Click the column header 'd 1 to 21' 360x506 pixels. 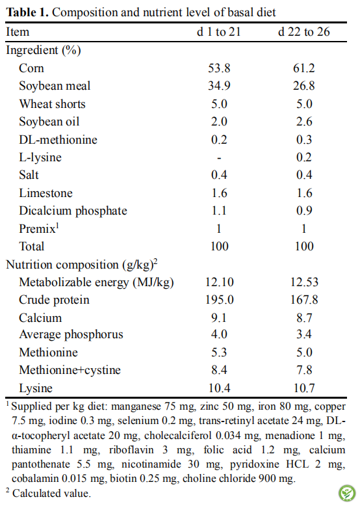click(219, 32)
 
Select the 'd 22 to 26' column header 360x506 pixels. click(304, 32)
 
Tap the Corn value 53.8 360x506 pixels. click(219, 68)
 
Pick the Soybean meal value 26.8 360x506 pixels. click(304, 86)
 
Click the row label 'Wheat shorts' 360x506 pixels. click(52, 104)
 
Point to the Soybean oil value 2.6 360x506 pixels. click(304, 122)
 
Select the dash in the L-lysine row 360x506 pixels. click(219, 158)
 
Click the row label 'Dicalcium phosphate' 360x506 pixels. click(73, 211)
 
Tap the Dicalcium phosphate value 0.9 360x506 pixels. click(304, 211)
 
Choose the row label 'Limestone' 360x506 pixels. click(45, 193)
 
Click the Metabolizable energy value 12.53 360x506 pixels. click(304, 282)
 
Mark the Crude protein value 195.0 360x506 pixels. click(220, 300)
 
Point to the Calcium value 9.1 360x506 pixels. click(219, 318)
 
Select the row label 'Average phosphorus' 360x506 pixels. click(71, 335)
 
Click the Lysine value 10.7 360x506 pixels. click(304, 388)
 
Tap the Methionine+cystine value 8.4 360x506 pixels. click(219, 370)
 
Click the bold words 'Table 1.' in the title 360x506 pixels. click(27, 12)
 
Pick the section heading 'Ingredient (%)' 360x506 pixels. click(44, 50)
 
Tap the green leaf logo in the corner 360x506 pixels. click(347, 493)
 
